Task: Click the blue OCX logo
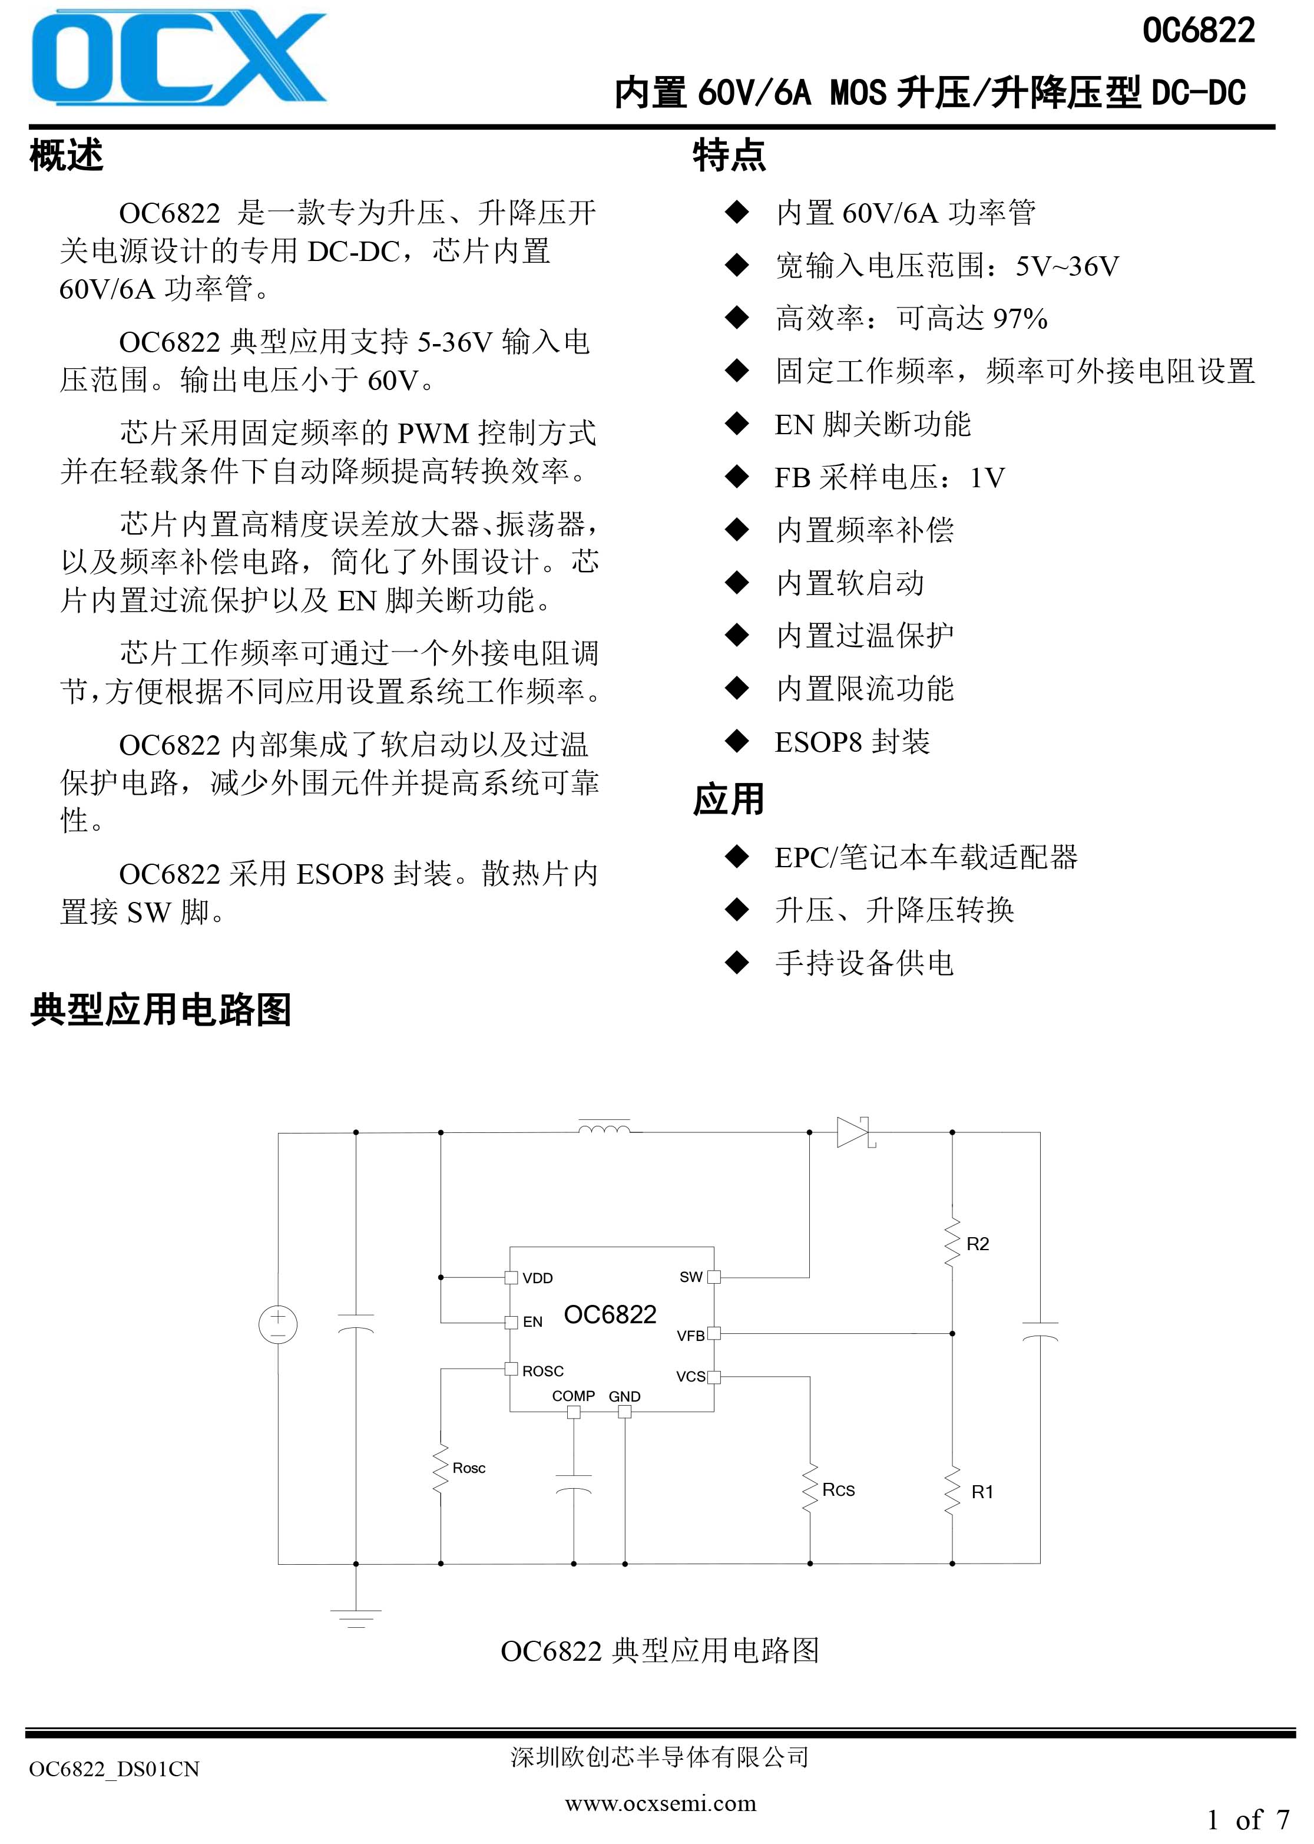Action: pyautogui.click(x=179, y=58)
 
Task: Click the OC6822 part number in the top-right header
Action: pyautogui.click(x=1199, y=31)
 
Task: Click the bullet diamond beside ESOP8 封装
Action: pyautogui.click(x=737, y=741)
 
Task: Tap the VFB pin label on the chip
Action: pyautogui.click(x=690, y=1336)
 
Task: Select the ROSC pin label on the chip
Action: pyautogui.click(x=543, y=1371)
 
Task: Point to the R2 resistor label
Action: pyautogui.click(x=978, y=1244)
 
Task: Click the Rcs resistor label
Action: pyautogui.click(x=838, y=1489)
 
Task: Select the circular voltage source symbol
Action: pyautogui.click(x=277, y=1326)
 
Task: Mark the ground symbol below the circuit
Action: pyautogui.click(x=355, y=1618)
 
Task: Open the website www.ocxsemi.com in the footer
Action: pyautogui.click(x=660, y=1803)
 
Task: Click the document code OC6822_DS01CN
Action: pyautogui.click(x=114, y=1770)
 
